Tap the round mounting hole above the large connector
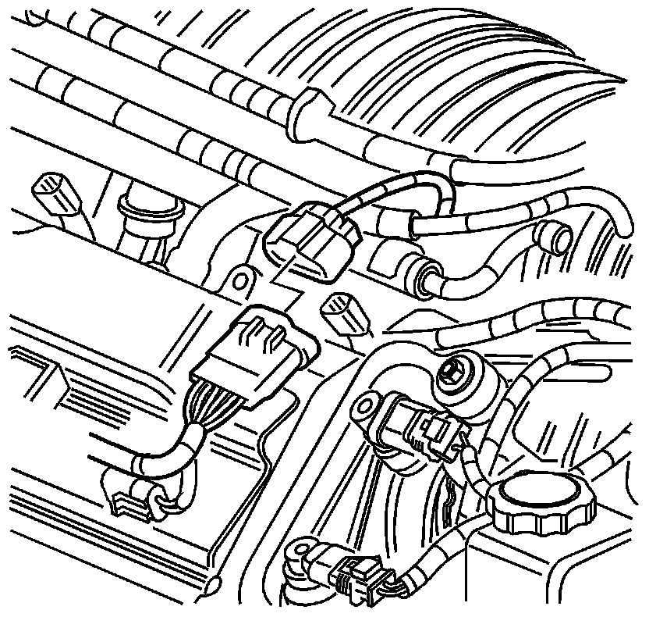point(243,279)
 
